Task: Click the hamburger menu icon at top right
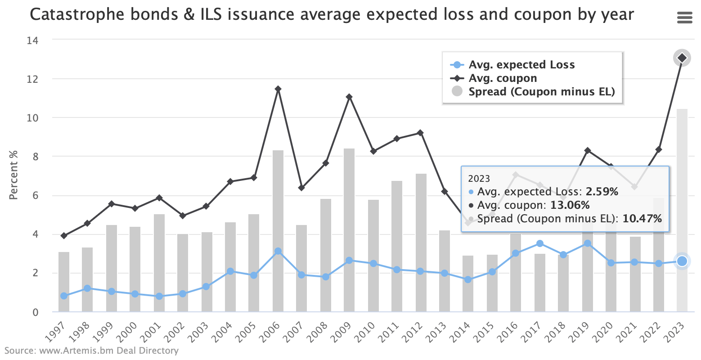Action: click(684, 18)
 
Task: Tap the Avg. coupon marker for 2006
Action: click(278, 89)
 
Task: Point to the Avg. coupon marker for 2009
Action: click(349, 97)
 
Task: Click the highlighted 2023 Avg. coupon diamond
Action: click(682, 58)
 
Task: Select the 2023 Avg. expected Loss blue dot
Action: click(682, 261)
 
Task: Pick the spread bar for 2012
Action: click(421, 243)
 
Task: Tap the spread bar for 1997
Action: click(64, 282)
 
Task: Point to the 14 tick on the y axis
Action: click(33, 40)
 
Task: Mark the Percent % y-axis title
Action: click(14, 175)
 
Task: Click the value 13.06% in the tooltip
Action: click(570, 205)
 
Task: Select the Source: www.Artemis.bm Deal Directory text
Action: click(92, 350)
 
